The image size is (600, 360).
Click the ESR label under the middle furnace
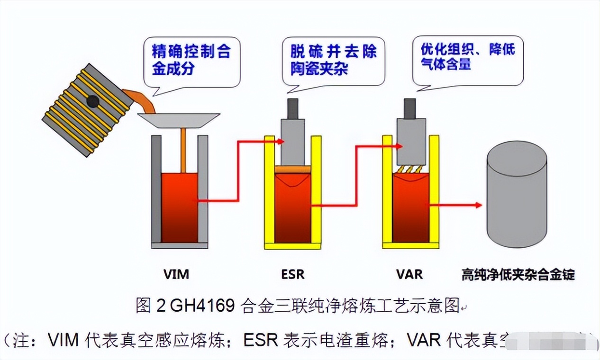293,274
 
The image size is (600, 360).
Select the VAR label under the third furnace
409,274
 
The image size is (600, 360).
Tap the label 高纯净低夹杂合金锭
518,275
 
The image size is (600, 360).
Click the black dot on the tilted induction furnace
92,101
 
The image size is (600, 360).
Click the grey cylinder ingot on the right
518,199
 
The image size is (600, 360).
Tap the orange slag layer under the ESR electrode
293,169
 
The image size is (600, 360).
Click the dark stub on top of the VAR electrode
409,108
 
